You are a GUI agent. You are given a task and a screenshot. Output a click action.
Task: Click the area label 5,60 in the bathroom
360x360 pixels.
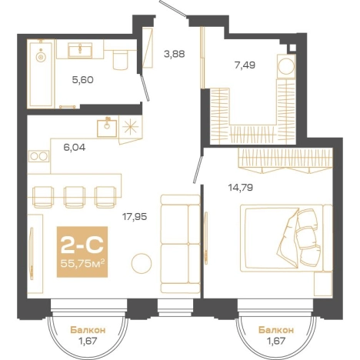(82, 80)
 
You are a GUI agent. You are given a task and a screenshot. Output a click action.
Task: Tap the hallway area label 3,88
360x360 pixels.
(175, 54)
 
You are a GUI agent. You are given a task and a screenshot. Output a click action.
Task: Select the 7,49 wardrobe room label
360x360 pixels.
(245, 65)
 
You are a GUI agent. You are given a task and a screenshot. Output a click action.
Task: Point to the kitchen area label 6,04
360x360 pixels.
(75, 148)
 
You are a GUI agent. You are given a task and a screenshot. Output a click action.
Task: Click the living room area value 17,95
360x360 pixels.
(135, 217)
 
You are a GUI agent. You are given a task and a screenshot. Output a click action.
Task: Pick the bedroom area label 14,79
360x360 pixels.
(241, 188)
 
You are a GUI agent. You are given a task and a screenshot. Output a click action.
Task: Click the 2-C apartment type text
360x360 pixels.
(82, 244)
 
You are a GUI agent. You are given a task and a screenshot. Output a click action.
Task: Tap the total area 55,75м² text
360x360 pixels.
(82, 263)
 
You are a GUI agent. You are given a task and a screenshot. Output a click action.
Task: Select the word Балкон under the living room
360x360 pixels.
(88, 330)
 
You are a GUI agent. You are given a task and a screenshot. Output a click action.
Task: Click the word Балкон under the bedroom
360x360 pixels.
(276, 330)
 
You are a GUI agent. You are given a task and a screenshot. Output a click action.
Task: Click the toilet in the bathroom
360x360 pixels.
(120, 60)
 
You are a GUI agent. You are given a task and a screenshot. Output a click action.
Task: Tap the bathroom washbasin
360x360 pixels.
(80, 50)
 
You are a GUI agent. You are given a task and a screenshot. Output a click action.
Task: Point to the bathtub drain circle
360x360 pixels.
(40, 57)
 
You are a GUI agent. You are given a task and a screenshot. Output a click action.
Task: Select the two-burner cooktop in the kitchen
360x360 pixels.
(38, 156)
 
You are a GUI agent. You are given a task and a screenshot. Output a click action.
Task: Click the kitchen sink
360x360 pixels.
(107, 128)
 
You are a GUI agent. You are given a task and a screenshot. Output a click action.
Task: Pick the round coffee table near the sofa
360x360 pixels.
(142, 263)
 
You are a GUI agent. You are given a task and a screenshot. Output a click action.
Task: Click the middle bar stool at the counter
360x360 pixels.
(75, 197)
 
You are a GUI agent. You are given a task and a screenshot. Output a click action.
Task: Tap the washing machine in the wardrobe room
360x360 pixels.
(286, 66)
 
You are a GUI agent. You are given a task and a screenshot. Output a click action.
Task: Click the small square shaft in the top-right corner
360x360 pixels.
(292, 48)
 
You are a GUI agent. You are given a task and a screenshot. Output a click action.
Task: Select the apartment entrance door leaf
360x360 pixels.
(172, 8)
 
